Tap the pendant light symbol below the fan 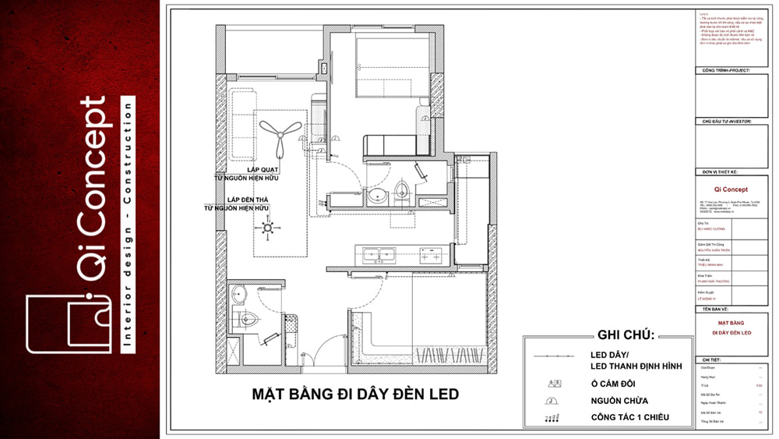pos(267,229)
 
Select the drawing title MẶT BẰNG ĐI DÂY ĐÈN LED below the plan pos(355,395)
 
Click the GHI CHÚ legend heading pos(626,335)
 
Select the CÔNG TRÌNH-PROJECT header pos(725,71)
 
